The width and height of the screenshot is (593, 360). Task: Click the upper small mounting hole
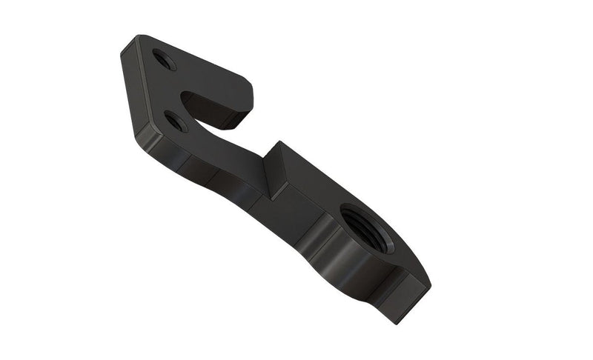[x=165, y=59]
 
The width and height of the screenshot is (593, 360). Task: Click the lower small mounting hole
[x=176, y=121]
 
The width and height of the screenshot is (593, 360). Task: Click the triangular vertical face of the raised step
[x=276, y=168]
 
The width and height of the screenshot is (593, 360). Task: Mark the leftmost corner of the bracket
[x=120, y=54]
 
